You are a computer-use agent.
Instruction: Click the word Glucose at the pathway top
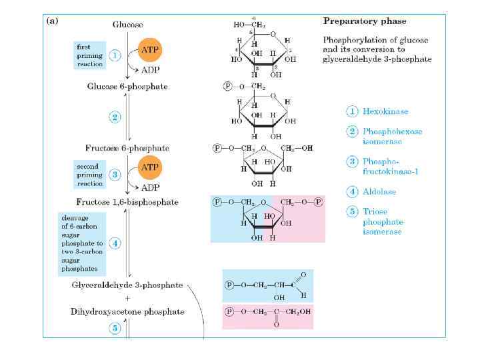pos(127,25)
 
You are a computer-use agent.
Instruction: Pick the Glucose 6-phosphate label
pos(127,87)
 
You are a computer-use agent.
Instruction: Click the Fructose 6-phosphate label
pos(127,147)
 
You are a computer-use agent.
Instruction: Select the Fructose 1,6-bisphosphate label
pos(127,202)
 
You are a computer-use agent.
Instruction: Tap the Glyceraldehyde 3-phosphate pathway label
pos(127,285)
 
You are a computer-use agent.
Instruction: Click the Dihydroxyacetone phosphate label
pos(127,311)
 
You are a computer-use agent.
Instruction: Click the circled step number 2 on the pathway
pos(115,117)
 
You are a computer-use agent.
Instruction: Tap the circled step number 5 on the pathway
pos(115,329)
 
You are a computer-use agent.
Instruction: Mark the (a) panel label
pos(52,21)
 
